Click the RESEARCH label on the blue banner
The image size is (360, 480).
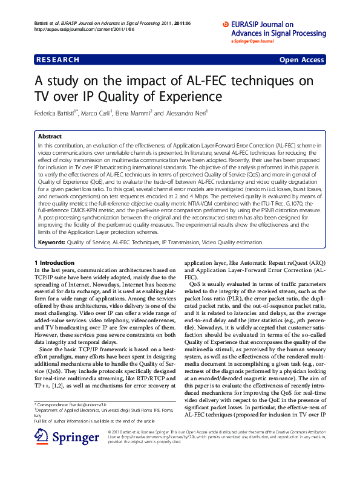58,60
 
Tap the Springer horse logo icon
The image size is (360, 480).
41,438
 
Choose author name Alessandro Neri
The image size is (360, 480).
185,113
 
